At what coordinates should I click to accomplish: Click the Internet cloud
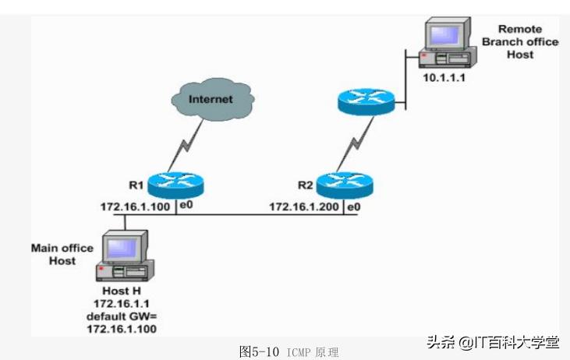point(210,100)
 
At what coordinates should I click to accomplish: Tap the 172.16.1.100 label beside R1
point(135,207)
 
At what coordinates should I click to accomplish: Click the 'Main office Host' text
point(62,254)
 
